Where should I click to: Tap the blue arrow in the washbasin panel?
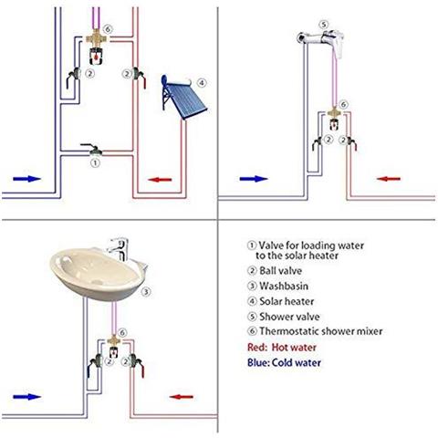click(28, 396)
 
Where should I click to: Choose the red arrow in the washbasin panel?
click(182, 396)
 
